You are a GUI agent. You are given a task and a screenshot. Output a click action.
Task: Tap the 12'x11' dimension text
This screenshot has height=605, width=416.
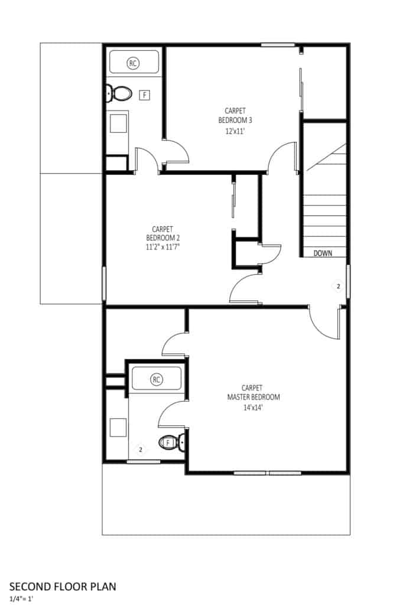coord(235,131)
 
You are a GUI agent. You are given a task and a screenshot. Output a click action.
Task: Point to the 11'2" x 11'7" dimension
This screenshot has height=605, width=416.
coord(163,248)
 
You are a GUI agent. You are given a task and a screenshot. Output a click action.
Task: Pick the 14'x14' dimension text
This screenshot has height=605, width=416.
coord(253,408)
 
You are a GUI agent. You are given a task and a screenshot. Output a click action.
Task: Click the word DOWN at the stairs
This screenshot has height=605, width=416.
coord(323,253)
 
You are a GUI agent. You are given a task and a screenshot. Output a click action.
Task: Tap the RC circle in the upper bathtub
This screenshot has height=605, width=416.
coord(133,63)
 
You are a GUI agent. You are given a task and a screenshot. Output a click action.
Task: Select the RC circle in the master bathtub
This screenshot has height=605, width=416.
coord(156,379)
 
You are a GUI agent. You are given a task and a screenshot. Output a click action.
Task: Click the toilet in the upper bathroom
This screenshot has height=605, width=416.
coord(119,93)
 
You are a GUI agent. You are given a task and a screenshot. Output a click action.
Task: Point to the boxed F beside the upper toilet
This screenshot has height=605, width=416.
coord(144,95)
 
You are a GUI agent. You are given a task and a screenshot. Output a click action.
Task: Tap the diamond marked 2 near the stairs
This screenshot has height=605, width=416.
coord(339,287)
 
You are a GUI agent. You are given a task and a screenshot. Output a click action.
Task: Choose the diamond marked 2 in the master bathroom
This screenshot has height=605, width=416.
coord(141,450)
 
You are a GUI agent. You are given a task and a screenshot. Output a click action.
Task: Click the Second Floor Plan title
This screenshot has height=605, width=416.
coord(63,587)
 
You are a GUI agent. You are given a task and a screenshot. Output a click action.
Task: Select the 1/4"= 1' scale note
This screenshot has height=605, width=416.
coord(22,599)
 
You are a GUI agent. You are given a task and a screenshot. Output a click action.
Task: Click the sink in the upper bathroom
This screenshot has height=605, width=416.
coord(118,123)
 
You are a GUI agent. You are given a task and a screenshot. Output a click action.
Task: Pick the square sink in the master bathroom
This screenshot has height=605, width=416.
coord(118,428)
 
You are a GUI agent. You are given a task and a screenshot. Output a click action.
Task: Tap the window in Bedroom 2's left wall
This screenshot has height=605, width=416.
coord(104,283)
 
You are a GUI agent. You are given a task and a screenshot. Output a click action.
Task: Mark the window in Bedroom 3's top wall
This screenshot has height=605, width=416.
coord(278,45)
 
